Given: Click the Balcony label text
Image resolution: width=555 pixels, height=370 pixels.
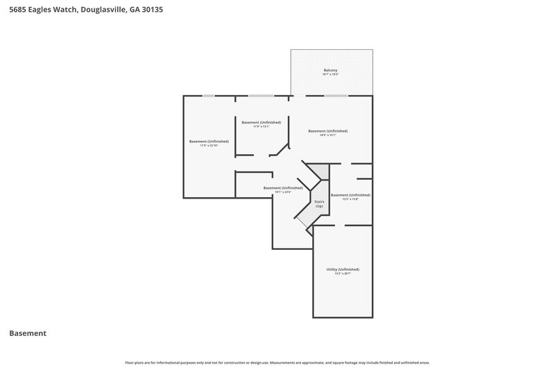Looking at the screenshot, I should pyautogui.click(x=331, y=71).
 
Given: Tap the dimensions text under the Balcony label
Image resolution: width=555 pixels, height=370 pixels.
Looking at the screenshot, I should pyautogui.click(x=331, y=75).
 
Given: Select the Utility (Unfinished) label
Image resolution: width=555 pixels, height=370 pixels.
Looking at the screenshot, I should pyautogui.click(x=343, y=269).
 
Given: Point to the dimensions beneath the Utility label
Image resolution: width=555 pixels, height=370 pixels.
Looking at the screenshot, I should pyautogui.click(x=343, y=274).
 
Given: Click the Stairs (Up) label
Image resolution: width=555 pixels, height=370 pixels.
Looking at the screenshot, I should pyautogui.click(x=319, y=203).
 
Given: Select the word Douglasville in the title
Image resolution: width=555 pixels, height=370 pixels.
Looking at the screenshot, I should pyautogui.click(x=103, y=11).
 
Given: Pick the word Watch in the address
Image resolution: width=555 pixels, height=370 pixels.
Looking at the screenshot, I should pyautogui.click(x=64, y=11).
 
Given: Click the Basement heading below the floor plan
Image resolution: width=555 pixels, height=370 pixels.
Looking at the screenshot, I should pyautogui.click(x=28, y=333).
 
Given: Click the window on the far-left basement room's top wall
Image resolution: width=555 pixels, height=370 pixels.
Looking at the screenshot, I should pyautogui.click(x=207, y=96).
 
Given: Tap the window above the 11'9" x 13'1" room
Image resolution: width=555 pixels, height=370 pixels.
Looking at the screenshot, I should pyautogui.click(x=261, y=96).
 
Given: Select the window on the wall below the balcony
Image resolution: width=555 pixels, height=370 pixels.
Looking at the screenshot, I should pyautogui.click(x=336, y=96).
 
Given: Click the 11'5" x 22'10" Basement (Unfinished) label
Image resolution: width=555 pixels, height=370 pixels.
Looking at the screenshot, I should pyautogui.click(x=209, y=141).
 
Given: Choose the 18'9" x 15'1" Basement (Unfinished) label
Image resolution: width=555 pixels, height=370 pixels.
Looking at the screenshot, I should pyautogui.click(x=327, y=131).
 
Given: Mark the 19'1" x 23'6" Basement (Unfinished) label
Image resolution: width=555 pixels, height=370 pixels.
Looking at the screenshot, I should pyautogui.click(x=283, y=187).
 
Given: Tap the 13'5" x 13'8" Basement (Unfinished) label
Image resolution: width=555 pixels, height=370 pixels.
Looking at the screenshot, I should pyautogui.click(x=350, y=195).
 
